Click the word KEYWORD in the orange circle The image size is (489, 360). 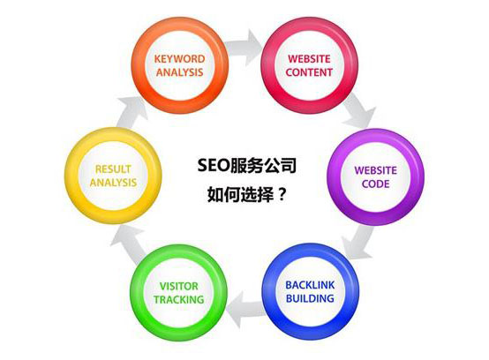(x=180, y=58)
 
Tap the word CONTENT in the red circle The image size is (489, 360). (x=309, y=72)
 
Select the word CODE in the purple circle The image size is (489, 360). (x=376, y=184)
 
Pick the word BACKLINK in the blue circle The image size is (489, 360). (x=310, y=285)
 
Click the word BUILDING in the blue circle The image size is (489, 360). (x=310, y=298)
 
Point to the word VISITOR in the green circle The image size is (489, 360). (x=179, y=286)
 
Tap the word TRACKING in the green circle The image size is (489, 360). (x=179, y=299)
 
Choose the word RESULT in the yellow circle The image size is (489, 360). (x=113, y=169)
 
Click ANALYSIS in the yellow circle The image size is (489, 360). (x=113, y=183)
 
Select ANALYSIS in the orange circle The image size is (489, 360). (x=180, y=72)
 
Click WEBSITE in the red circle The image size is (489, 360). (x=309, y=58)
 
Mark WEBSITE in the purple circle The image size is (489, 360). (x=376, y=170)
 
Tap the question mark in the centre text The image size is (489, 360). (x=282, y=194)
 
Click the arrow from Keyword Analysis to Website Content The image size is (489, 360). (x=244, y=48)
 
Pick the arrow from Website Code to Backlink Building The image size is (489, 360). (x=358, y=242)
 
